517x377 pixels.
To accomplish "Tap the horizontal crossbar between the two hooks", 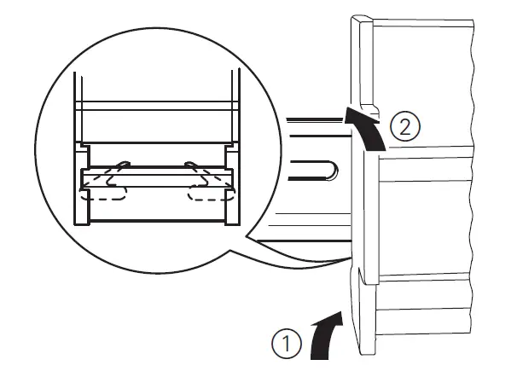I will click(155, 177).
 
